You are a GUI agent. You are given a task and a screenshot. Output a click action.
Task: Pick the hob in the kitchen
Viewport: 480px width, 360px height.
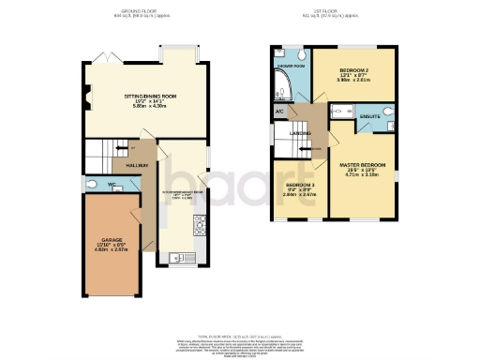(199, 224)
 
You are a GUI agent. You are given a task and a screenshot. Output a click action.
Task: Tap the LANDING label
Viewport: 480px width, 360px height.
(300, 134)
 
